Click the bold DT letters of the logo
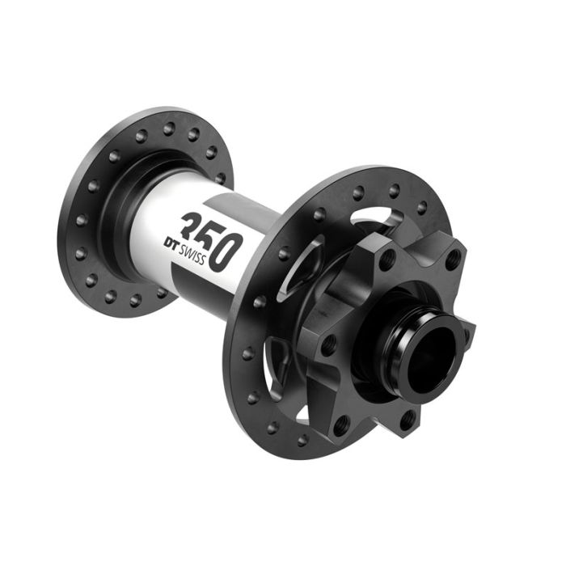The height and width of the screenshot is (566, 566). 171,243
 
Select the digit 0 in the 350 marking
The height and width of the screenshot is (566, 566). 226,252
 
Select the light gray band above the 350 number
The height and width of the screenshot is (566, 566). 239,209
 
